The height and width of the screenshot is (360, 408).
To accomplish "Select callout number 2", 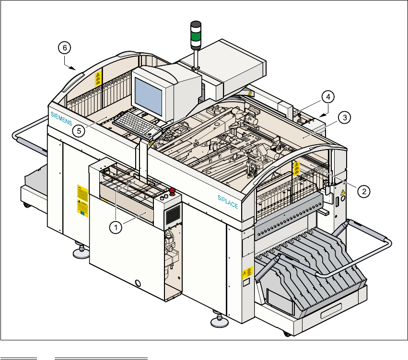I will (364, 191).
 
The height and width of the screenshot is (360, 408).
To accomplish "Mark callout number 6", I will (65, 47).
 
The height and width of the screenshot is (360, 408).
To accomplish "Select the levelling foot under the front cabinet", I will (80, 250).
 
